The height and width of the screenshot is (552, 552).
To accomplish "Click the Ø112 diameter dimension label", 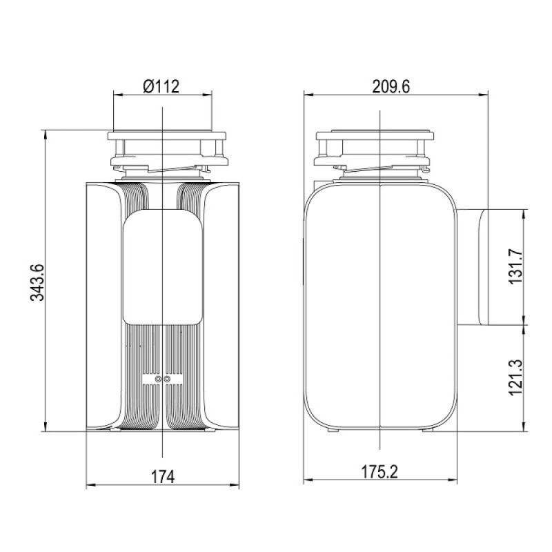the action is point(161,86).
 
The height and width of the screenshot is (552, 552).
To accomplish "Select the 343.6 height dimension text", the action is point(37,282).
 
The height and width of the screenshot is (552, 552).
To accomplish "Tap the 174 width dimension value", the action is point(163,477).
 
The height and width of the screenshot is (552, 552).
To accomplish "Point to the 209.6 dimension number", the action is point(391,87).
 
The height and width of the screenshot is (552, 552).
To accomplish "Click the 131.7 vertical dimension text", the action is point(515,266).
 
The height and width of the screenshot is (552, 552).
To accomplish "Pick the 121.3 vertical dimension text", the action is point(515,377).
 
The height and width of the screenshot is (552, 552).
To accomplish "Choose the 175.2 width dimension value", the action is point(379,472).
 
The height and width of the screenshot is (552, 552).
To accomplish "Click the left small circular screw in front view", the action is point(158,379).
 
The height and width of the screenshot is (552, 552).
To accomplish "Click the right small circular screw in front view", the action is point(167,379).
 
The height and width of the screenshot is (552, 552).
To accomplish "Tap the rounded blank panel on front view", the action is point(163,267).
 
